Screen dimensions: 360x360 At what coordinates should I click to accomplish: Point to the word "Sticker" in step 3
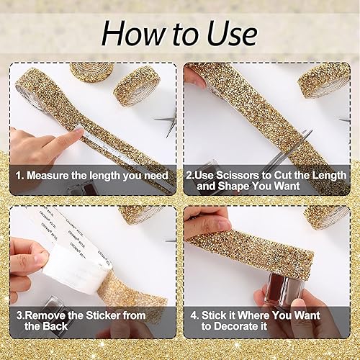(x=101, y=315)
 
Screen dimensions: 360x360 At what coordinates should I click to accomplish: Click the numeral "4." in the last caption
(x=193, y=315)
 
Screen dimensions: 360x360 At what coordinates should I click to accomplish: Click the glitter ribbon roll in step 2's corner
(x=324, y=79)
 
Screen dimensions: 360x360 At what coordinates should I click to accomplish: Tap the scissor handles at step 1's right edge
(x=170, y=122)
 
